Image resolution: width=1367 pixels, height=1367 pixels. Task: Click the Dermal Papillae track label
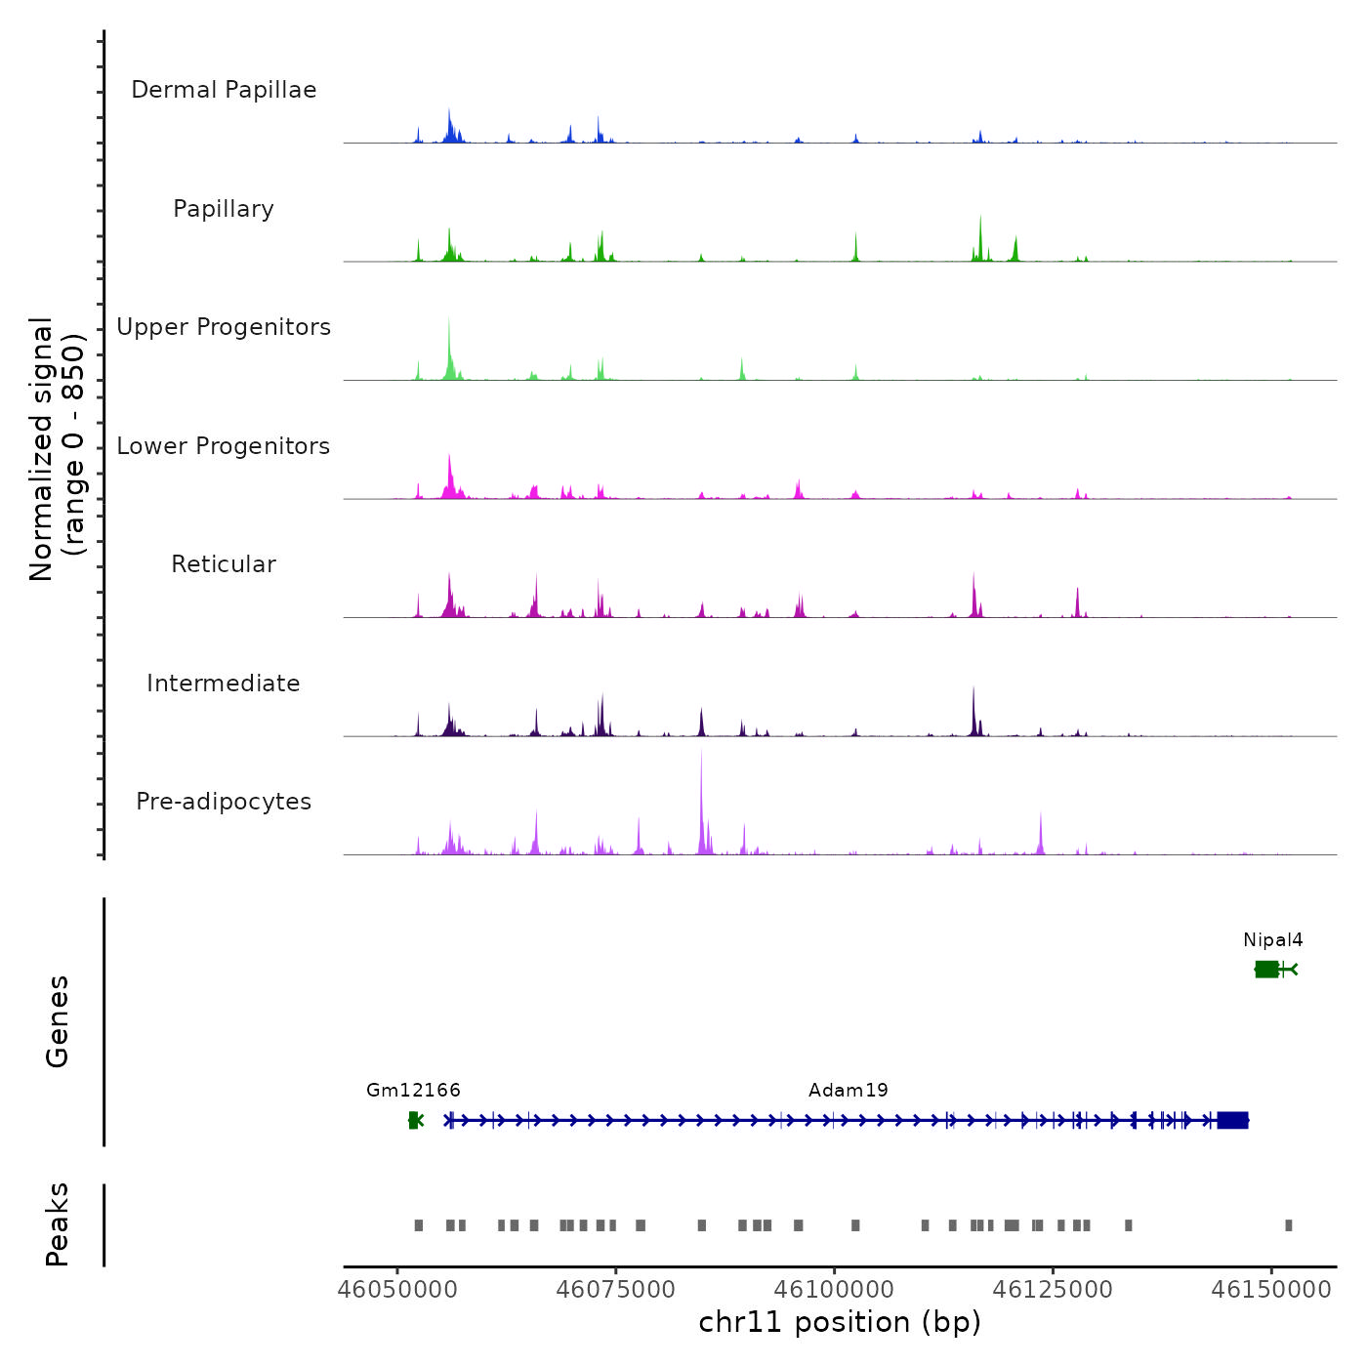[x=224, y=90]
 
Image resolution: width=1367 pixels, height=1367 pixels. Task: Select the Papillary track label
[x=224, y=209]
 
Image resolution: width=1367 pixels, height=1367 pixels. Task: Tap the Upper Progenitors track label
[x=224, y=327]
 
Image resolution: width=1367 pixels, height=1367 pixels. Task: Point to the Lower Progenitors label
[x=224, y=446]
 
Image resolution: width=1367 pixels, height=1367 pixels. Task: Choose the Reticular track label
[x=224, y=564]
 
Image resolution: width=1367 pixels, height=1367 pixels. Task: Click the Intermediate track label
[x=224, y=683]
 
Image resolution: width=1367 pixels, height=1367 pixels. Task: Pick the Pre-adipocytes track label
[x=224, y=802]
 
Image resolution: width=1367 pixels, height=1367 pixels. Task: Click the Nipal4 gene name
[x=1272, y=940]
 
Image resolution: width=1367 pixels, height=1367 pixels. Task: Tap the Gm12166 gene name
[x=413, y=1091]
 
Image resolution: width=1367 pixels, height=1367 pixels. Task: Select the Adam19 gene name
[x=848, y=1091]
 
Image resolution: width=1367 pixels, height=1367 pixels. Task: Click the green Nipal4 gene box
[x=1266, y=969]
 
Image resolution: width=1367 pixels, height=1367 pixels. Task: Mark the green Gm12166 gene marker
[x=414, y=1120]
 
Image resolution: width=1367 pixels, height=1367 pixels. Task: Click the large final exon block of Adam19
[x=1232, y=1120]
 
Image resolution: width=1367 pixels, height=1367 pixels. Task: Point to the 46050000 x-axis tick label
[x=397, y=1290]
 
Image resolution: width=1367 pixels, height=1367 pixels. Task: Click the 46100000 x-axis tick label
[x=835, y=1290]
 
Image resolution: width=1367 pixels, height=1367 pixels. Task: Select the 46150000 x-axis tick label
[x=1271, y=1290]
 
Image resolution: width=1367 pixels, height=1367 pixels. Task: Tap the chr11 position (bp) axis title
[x=840, y=1322]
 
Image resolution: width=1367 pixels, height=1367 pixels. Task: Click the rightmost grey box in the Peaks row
[x=1289, y=1225]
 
